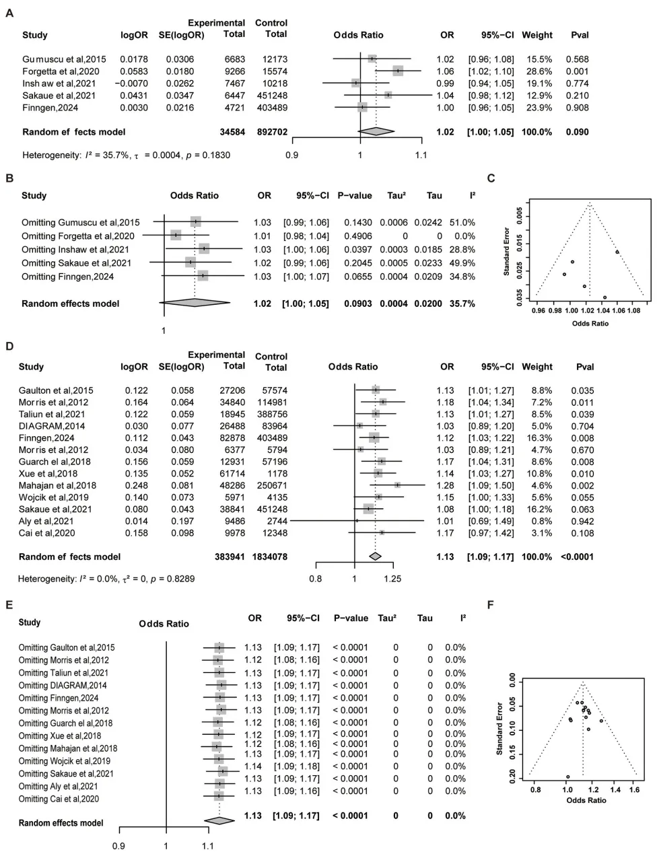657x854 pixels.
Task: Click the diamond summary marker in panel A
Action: click(x=376, y=132)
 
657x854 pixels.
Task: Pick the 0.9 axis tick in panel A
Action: click(x=291, y=155)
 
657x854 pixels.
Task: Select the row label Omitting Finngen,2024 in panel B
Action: click(x=67, y=277)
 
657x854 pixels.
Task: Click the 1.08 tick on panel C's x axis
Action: click(x=633, y=312)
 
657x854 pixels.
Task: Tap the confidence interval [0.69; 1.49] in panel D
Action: click(x=491, y=522)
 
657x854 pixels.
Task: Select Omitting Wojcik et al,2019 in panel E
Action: click(x=65, y=761)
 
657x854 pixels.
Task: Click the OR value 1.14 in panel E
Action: click(x=253, y=767)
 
